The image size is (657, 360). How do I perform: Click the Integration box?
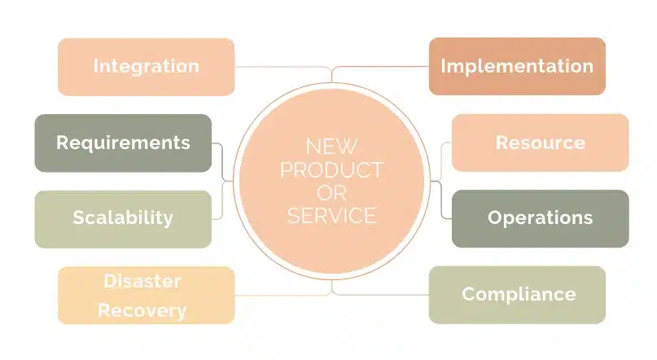[x=146, y=66]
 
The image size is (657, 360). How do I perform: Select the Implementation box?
[x=517, y=66]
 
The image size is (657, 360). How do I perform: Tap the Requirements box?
[x=123, y=143]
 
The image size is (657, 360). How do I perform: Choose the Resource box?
[x=540, y=143]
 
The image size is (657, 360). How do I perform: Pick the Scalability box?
[x=123, y=217]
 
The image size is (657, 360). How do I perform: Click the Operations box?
[x=540, y=217]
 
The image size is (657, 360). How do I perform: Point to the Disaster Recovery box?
[x=146, y=295]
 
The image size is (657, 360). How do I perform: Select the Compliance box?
[x=517, y=294]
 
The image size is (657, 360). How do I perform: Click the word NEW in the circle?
[x=331, y=147]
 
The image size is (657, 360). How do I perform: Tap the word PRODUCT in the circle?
[x=331, y=170]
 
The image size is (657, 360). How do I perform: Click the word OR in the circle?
[x=331, y=193]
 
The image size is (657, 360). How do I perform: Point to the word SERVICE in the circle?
[x=331, y=216]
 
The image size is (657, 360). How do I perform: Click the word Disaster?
[x=142, y=281]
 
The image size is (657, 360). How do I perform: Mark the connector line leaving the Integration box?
[x=277, y=67]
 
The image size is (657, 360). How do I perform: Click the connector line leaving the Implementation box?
[x=383, y=67]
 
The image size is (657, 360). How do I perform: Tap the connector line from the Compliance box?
[x=383, y=294]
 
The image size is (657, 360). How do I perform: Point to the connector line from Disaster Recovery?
[x=277, y=294]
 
